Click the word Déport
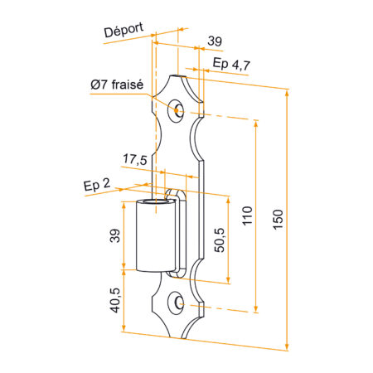point(124,30)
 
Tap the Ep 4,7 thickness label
point(231,64)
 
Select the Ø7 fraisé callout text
point(117,85)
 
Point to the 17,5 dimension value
point(135,159)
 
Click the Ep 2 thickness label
point(97,184)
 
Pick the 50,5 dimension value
point(220,240)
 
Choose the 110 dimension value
point(248,216)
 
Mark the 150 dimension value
point(279,220)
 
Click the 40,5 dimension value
point(115,300)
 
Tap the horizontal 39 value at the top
point(215,41)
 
